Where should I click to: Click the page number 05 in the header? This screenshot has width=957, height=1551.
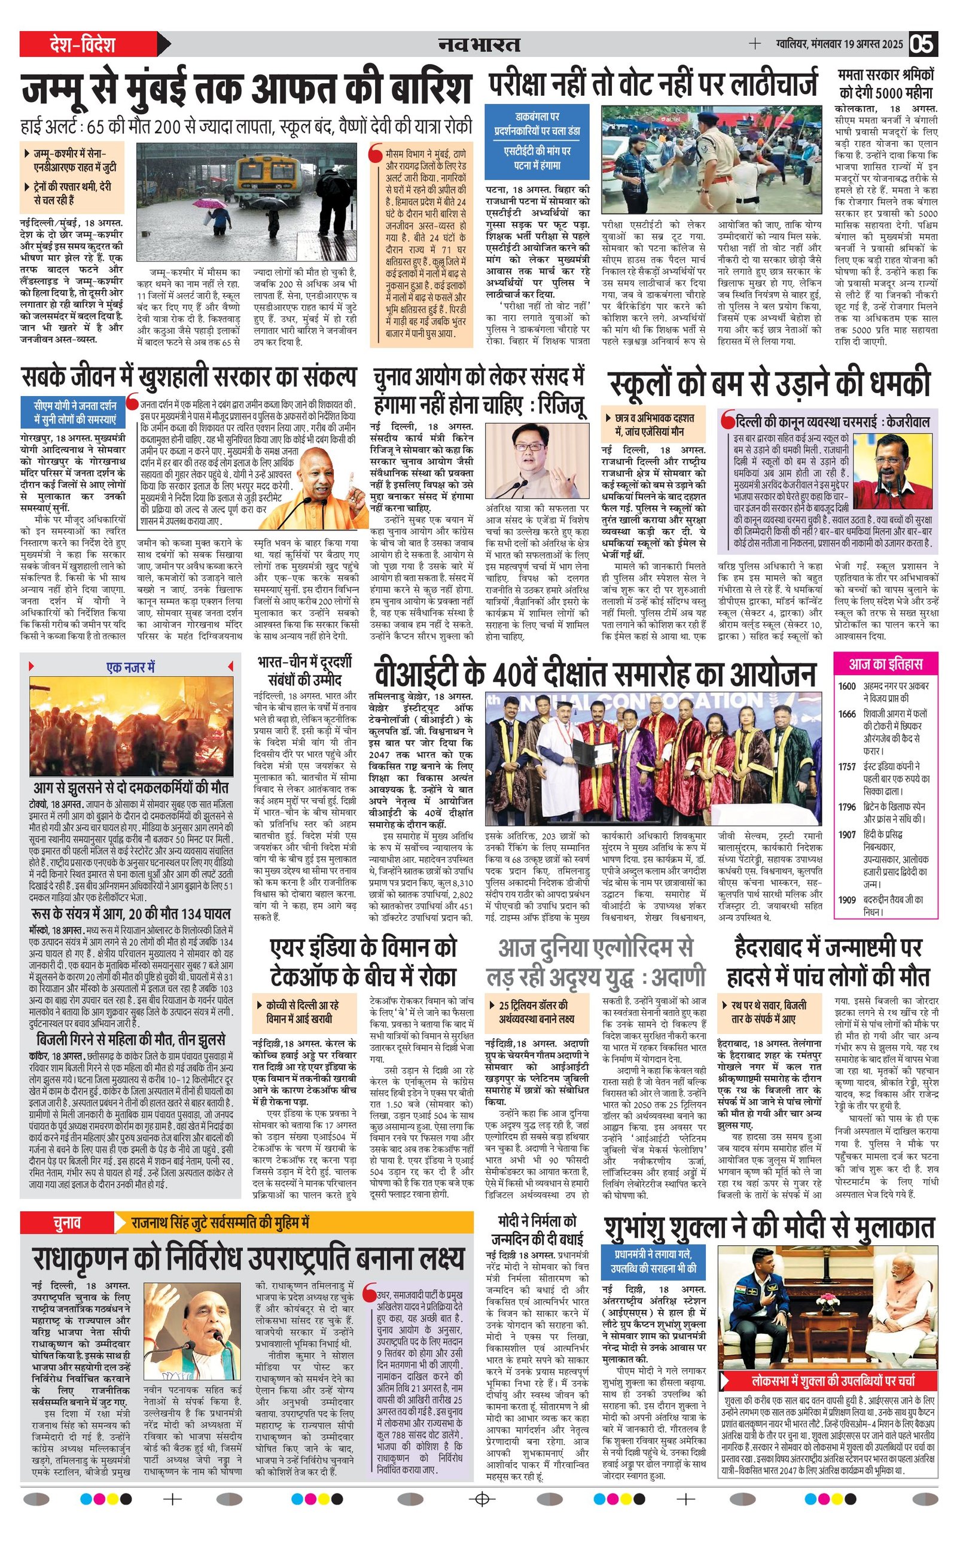pos(923,44)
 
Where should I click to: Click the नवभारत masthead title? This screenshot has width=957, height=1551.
pos(479,44)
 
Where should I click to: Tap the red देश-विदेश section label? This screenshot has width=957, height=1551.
pos(83,44)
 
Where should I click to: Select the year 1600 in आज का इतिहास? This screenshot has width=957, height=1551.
pos(847,686)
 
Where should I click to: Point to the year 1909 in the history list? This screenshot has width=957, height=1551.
pos(847,899)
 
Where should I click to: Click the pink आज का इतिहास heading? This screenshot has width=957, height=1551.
pos(885,664)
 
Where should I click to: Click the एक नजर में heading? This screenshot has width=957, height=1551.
pos(130,667)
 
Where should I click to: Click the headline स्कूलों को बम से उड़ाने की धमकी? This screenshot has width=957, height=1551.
pos(769,384)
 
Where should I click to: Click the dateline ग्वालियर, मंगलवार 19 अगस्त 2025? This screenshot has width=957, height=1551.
pos(839,44)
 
